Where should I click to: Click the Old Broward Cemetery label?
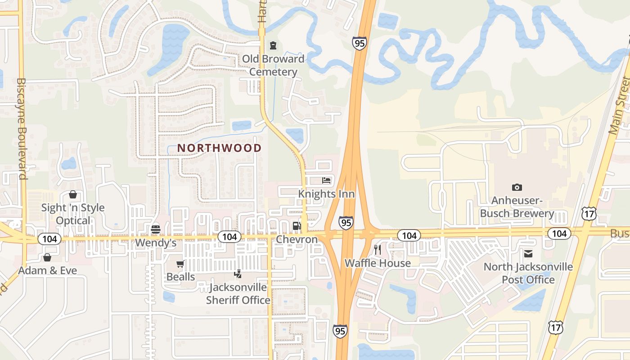coord(273,65)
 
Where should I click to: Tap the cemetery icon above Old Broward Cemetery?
coord(273,45)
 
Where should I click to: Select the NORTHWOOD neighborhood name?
coord(219,148)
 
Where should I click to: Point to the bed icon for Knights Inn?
coord(326,180)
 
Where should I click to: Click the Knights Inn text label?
coord(326,194)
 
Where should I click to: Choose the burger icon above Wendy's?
coord(156,229)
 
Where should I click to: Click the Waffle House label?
coord(378,263)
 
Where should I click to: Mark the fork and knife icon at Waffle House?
coord(378,249)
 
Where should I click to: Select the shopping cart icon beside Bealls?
coord(180,264)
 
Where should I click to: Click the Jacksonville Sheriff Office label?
coord(238,294)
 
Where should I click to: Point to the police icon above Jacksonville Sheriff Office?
coord(238,273)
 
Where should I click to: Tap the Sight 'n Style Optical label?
coord(73,214)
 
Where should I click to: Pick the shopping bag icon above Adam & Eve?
coord(47,257)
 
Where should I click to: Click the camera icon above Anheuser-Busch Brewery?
coord(517,187)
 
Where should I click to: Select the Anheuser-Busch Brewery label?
coord(517,207)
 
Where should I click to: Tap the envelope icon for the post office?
coord(528,254)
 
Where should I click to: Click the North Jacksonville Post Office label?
coord(528,273)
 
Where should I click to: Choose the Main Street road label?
coord(619,105)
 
